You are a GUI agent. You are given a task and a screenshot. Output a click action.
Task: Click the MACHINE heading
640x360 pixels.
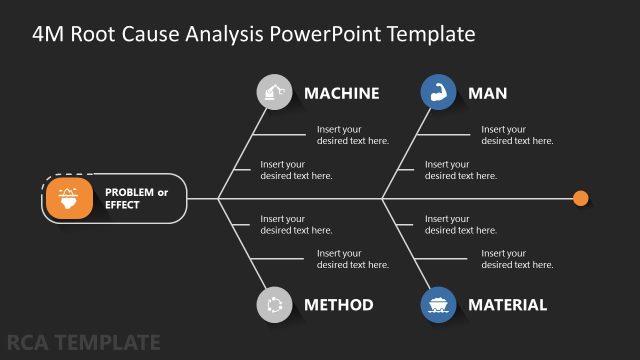341,93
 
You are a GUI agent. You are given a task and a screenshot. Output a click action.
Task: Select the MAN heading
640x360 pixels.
487,93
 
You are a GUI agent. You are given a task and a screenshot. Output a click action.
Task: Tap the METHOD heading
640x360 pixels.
338,305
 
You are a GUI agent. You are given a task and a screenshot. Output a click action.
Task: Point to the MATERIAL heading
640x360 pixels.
507,305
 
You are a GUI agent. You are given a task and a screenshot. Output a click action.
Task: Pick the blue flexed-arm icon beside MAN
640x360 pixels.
437,93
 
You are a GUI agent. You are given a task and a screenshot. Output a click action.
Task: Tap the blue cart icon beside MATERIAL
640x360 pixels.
437,305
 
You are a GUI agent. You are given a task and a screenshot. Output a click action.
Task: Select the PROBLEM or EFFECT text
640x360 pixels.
136,198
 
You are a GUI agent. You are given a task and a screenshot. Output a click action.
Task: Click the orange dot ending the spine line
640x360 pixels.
581,198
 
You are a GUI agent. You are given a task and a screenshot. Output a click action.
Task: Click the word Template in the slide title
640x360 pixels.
426,35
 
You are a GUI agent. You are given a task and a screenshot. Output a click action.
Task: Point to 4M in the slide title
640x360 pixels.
48,35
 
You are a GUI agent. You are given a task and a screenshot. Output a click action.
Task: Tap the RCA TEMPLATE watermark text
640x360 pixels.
81,343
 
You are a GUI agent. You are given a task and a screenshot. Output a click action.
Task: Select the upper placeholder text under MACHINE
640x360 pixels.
352,135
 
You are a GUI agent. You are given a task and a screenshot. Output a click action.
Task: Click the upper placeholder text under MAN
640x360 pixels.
517,135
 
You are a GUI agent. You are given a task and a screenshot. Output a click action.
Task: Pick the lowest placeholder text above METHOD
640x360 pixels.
352,259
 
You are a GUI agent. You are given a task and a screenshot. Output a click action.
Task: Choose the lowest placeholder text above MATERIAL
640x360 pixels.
517,259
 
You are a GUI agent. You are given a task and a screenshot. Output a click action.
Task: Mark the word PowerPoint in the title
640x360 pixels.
320,35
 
